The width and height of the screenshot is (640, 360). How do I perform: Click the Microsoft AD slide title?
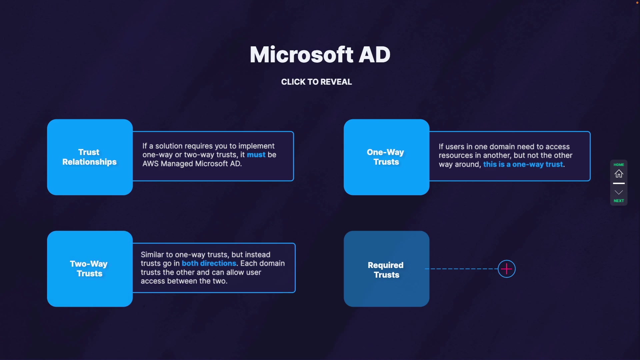(x=320, y=54)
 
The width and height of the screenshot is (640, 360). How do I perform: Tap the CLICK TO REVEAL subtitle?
(x=316, y=82)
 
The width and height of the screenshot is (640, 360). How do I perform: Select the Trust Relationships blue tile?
(x=90, y=157)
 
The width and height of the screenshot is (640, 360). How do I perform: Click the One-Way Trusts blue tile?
(x=386, y=157)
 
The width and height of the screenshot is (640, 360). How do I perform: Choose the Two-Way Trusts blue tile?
(x=90, y=269)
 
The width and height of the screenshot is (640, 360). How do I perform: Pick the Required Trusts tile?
(x=386, y=269)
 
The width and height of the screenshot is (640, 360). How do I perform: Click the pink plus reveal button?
(x=507, y=269)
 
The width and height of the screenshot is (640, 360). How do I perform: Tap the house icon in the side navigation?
(x=619, y=174)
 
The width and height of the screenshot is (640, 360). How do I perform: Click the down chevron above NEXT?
(x=619, y=192)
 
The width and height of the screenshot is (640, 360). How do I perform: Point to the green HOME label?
(x=619, y=165)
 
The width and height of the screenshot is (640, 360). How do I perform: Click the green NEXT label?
(x=619, y=201)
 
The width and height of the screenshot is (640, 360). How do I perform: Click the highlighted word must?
(x=256, y=155)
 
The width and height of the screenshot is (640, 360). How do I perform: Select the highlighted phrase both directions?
(x=209, y=263)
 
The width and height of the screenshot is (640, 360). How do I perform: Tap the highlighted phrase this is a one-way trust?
(x=523, y=164)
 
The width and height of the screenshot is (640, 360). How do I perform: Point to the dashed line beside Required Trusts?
(x=462, y=269)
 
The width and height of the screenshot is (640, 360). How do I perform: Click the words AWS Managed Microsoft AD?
(x=192, y=164)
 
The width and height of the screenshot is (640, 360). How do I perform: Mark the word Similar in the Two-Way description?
(x=152, y=255)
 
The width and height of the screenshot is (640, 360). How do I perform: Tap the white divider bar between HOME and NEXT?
(x=619, y=183)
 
